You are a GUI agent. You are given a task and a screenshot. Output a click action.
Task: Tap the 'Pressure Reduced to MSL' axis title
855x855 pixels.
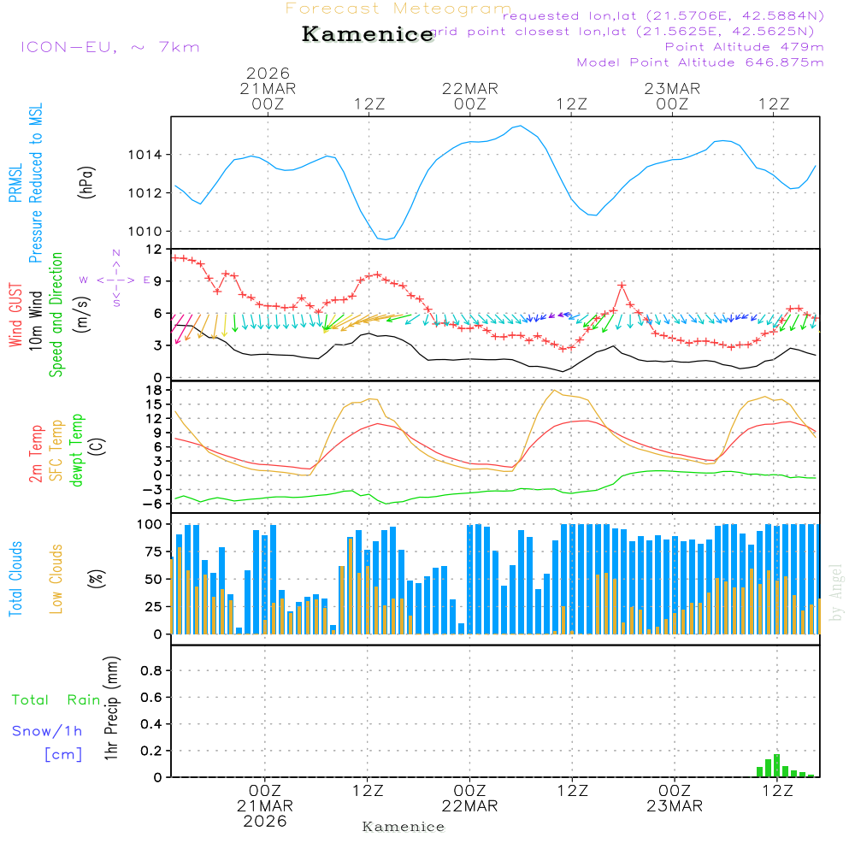(x=36, y=184)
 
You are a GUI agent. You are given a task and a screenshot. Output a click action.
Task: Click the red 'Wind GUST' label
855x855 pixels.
(x=15, y=315)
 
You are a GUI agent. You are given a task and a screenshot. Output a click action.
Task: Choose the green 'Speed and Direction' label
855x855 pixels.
(x=56, y=314)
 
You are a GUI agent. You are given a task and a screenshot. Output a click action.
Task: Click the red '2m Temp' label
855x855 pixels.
(x=36, y=452)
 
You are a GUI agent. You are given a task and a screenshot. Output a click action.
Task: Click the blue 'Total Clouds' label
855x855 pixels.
(x=15, y=579)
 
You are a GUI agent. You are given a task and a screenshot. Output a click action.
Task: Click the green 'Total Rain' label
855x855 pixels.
(x=56, y=700)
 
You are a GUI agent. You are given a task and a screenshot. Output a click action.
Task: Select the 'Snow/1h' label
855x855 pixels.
(x=47, y=731)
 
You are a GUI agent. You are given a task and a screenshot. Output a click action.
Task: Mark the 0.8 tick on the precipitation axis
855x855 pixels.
(x=151, y=671)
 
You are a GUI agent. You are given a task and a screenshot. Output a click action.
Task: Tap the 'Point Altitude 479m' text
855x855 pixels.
(x=744, y=47)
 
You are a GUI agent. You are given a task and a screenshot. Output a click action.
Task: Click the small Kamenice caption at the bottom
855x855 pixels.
(x=404, y=827)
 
